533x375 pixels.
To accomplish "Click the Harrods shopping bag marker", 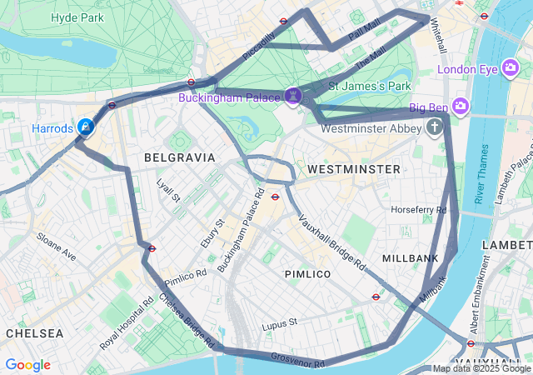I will click(85, 127).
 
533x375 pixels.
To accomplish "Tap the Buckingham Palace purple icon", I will click(292, 97).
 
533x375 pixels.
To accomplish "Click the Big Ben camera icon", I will click(461, 106).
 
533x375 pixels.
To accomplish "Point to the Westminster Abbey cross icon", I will click(434, 127).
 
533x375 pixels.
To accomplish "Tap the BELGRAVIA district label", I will click(179, 157).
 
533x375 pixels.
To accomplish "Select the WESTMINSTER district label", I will click(353, 169).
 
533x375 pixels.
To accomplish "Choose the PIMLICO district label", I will click(307, 273).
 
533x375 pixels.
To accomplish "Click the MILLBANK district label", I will click(410, 258).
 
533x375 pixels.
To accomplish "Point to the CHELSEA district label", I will click(34, 332).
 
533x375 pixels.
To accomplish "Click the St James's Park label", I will click(369, 86).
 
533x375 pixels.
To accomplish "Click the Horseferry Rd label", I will click(419, 209).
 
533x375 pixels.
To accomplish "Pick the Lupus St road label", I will click(279, 323).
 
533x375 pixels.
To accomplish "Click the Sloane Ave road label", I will click(57, 247).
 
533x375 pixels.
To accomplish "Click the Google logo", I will click(27, 365).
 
